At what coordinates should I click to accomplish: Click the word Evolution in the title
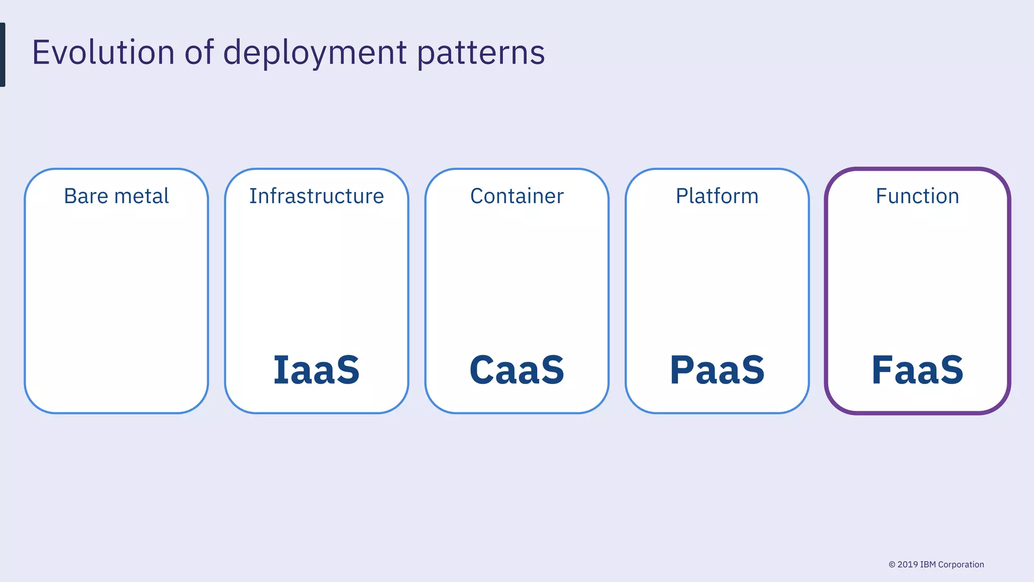(x=103, y=52)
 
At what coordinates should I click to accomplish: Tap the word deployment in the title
(x=315, y=53)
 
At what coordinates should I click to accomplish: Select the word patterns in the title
(x=481, y=53)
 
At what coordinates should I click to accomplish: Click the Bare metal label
(x=116, y=196)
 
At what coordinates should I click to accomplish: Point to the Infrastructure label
(x=317, y=196)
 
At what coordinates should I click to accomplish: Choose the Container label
(x=516, y=196)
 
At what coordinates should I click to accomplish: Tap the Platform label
(x=717, y=196)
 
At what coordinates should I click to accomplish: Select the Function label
(x=917, y=196)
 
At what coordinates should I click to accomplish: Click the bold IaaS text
(x=317, y=370)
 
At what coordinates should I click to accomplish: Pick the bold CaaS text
(x=516, y=370)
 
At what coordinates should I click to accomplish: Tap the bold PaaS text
(x=717, y=370)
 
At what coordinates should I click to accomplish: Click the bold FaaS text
(x=917, y=370)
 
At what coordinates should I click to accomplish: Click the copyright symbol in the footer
(x=892, y=565)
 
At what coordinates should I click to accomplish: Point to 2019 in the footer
(x=908, y=565)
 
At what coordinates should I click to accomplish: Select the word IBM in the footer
(x=928, y=565)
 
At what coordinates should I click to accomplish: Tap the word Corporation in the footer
(x=961, y=565)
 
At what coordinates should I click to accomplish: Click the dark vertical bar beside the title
(x=3, y=55)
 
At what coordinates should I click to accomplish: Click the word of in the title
(x=199, y=52)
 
